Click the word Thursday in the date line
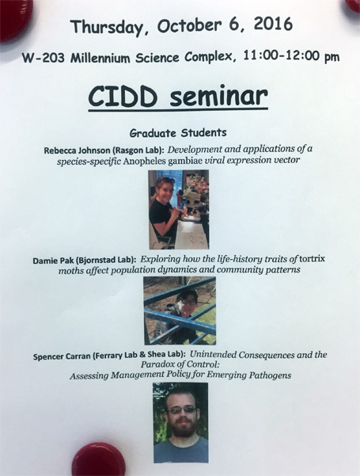[107, 27]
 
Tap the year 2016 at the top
[273, 24]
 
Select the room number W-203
[44, 58]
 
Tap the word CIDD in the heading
[123, 97]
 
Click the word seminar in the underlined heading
[218, 97]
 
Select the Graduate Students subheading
[178, 133]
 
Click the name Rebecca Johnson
[77, 150]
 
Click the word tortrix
[312, 259]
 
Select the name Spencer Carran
[62, 356]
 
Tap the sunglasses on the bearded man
[182, 410]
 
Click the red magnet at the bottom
[99, 459]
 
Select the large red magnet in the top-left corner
[16, 20]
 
